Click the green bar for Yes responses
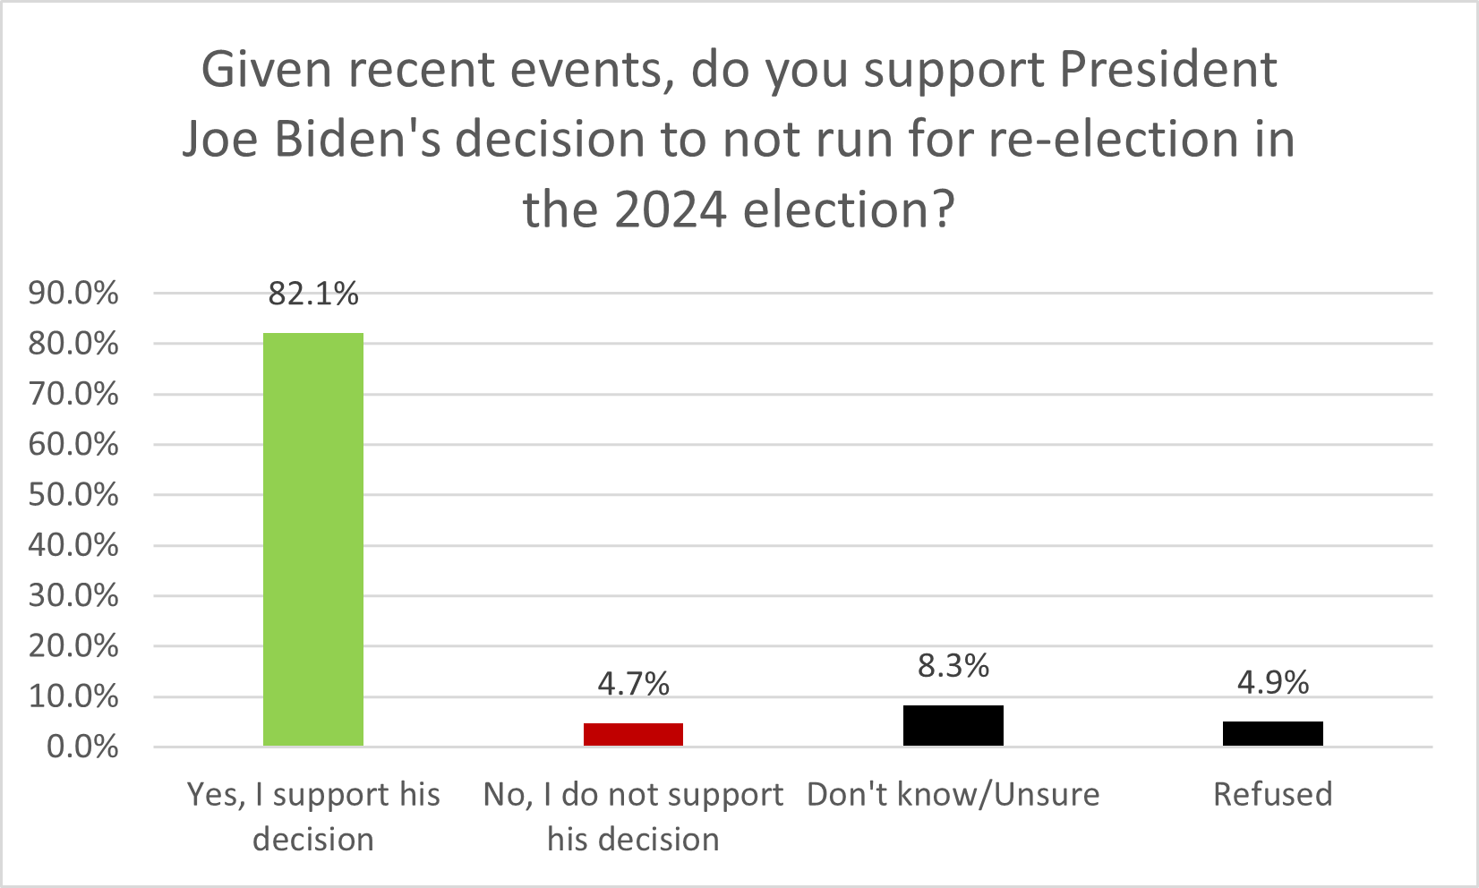click(x=313, y=539)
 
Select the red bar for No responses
click(x=633, y=734)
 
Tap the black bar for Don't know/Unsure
click(x=953, y=725)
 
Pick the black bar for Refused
click(x=1272, y=733)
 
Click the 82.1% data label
click(x=313, y=294)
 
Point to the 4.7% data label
click(x=633, y=685)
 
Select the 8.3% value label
click(x=953, y=666)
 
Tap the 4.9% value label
click(x=1272, y=683)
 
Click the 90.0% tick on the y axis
click(x=73, y=293)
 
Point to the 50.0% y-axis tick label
click(x=73, y=495)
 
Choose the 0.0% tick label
click(x=82, y=747)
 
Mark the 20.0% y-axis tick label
click(x=73, y=646)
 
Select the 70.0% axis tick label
click(x=73, y=394)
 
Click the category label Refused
click(x=1272, y=795)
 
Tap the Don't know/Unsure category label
click(x=953, y=795)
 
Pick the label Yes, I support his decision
click(x=313, y=816)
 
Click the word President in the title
click(x=1167, y=70)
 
